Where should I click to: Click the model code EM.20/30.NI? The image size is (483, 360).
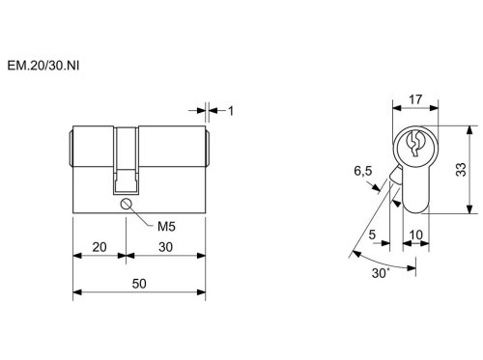coord(43,66)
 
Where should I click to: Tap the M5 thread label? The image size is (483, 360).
coord(166,227)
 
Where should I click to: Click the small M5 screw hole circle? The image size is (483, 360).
coord(126,204)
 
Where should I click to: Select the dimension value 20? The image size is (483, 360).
coord(99,247)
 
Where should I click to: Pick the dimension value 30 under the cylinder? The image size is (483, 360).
coord(165,247)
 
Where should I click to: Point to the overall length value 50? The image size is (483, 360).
coord(139,284)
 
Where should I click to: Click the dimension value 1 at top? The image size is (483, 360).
coord(231,111)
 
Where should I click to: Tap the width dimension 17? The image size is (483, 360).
coord(415,99)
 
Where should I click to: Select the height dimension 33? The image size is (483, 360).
coord(461,170)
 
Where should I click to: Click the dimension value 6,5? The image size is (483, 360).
coord(363,171)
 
